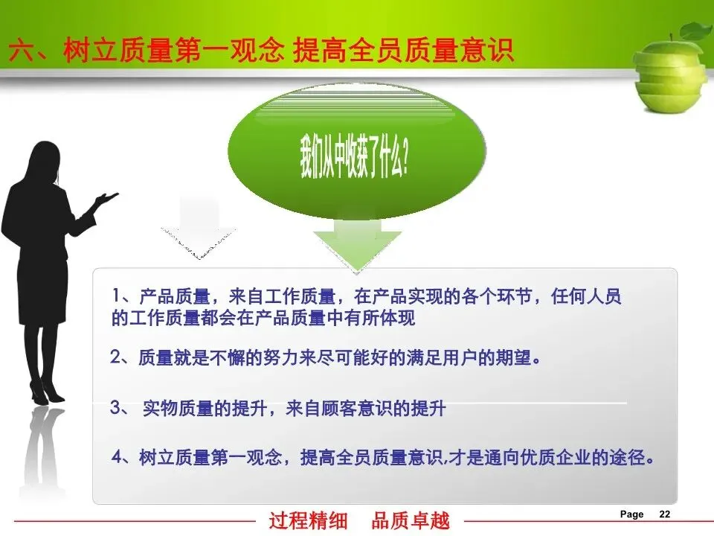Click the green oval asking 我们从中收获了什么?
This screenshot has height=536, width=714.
click(356, 150)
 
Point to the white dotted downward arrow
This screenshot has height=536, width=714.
click(198, 230)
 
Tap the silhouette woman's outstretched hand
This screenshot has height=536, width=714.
click(106, 198)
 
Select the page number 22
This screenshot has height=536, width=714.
click(665, 514)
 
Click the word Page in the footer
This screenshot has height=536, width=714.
click(632, 514)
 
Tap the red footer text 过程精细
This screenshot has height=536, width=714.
click(308, 520)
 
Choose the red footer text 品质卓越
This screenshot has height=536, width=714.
click(411, 520)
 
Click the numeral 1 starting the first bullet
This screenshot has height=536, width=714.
click(117, 296)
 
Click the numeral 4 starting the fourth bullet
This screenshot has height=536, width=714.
click(118, 456)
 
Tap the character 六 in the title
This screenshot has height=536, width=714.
click(22, 50)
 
